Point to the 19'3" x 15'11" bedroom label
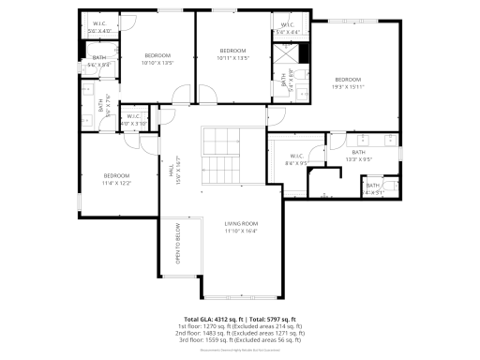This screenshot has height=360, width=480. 348,82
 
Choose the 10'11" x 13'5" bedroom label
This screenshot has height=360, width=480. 232,53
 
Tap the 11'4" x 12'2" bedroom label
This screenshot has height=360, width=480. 116,179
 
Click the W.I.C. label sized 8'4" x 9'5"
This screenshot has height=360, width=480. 296,159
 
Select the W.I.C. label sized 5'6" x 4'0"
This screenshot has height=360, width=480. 99,27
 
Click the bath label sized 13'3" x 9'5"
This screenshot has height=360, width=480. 359,156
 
